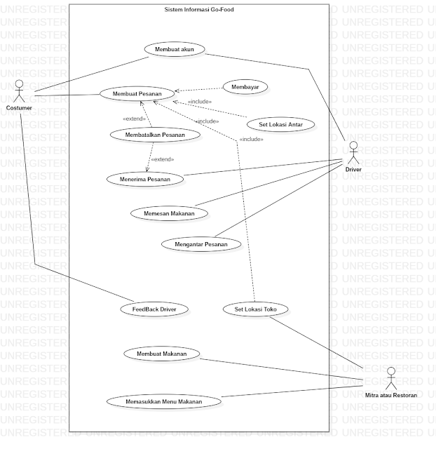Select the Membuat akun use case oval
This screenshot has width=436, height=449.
point(175,49)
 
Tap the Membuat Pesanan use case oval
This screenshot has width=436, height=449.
point(137,93)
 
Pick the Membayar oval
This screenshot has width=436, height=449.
point(245,87)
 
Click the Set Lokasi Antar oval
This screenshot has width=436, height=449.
point(280,124)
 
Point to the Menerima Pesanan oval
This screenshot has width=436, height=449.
point(145,179)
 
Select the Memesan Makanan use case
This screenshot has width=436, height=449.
point(164,213)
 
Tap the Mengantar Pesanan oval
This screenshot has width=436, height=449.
point(200,244)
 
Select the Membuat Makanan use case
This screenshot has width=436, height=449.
point(161,354)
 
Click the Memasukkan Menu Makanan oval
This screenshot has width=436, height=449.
point(165,401)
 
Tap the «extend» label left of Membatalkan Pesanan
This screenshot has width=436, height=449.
point(134,119)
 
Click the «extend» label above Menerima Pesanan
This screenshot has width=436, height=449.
point(162,159)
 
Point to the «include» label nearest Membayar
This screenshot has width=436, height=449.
point(200,102)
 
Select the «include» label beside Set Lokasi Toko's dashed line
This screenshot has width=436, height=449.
point(251,139)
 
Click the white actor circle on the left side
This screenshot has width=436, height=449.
point(20,83)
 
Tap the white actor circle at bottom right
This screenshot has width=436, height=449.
point(391,371)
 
